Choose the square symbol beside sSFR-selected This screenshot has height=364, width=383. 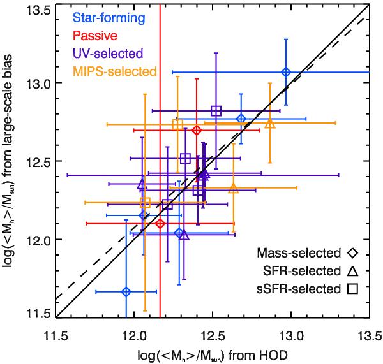pyautogui.click(x=352, y=289)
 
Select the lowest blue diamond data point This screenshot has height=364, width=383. pyautogui.click(x=126, y=291)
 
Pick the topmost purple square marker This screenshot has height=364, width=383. pyautogui.click(x=216, y=111)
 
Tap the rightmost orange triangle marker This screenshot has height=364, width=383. pyautogui.click(x=269, y=123)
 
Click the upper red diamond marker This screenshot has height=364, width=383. pyautogui.click(x=197, y=130)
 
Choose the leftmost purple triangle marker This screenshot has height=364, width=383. pyautogui.click(x=142, y=184)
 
